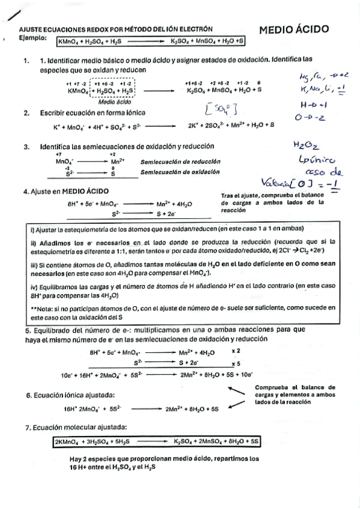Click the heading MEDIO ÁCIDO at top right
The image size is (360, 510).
pyautogui.click(x=294, y=29)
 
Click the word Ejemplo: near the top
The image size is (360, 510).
pyautogui.click(x=34, y=38)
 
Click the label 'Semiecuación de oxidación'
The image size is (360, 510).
pyautogui.click(x=177, y=173)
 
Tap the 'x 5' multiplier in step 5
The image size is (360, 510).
pyautogui.click(x=235, y=363)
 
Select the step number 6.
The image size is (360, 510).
pyautogui.click(x=28, y=395)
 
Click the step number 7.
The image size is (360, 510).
pyautogui.click(x=28, y=428)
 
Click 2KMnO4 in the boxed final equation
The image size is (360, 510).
pyautogui.click(x=68, y=441)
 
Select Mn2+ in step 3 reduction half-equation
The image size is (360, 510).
pyautogui.click(x=118, y=162)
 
